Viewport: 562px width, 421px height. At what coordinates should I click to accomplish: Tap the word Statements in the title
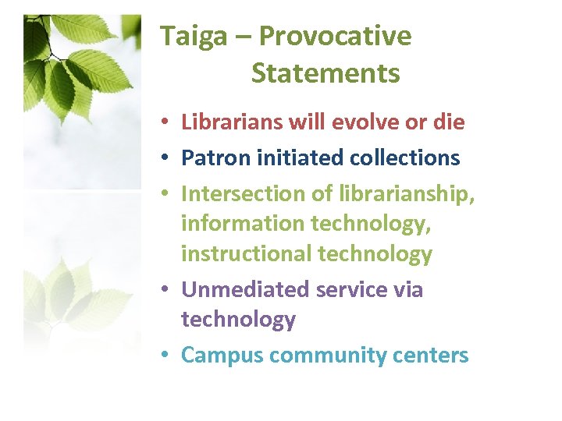click(325, 74)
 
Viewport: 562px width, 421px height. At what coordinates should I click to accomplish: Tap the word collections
click(404, 157)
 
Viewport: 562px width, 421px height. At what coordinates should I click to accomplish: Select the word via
click(407, 289)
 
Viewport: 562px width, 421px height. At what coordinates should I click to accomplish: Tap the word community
click(318, 356)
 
